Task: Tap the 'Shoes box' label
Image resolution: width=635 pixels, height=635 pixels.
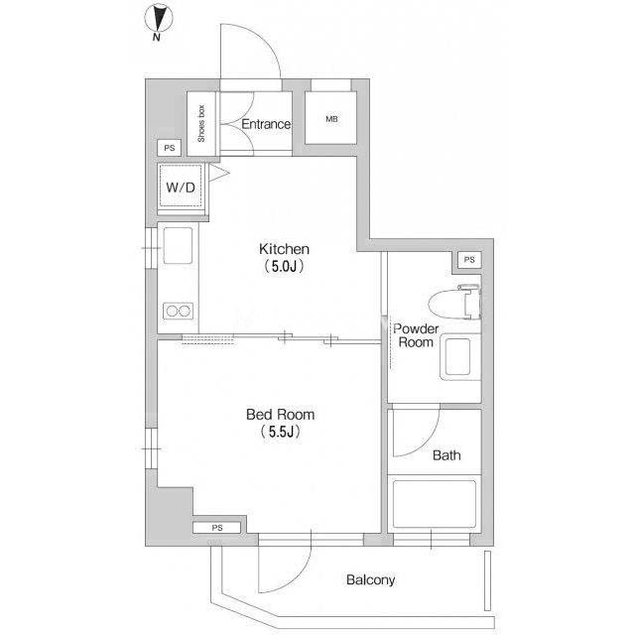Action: tap(201, 123)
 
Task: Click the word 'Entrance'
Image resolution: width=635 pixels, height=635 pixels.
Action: tap(266, 124)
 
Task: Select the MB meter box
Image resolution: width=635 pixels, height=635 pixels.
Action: tap(330, 118)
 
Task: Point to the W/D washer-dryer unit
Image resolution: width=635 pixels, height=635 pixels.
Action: tap(181, 188)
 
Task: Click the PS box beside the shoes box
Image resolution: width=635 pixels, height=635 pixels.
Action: tap(170, 148)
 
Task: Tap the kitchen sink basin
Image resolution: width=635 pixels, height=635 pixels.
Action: tap(178, 246)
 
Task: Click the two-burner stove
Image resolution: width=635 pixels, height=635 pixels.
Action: tap(179, 311)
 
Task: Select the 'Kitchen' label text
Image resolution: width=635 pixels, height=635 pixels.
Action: tap(284, 249)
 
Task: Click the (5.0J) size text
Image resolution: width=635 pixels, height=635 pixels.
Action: tap(284, 267)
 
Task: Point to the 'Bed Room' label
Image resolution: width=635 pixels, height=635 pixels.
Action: tap(280, 415)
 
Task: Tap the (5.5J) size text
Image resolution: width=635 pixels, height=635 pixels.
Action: tap(280, 432)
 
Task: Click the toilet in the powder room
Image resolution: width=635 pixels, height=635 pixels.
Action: tap(454, 302)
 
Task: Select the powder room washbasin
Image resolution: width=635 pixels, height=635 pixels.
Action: tap(458, 357)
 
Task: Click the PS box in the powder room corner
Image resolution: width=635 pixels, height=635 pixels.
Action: tap(469, 259)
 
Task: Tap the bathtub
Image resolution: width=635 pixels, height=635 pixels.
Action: tap(435, 504)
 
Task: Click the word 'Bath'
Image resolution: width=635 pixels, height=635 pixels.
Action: tap(446, 455)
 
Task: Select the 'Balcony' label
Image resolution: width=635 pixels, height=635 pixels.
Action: tap(370, 579)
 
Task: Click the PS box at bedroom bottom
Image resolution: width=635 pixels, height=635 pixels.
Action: tap(217, 528)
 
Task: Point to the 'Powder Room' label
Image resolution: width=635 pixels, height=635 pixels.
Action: tap(416, 335)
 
